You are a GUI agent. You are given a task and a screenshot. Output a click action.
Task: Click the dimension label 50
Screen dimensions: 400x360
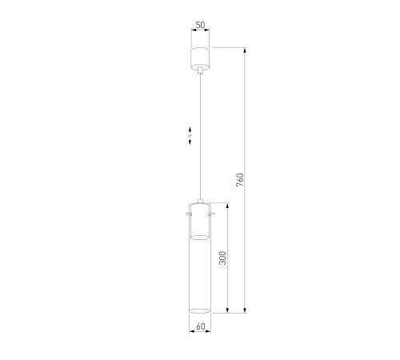201,25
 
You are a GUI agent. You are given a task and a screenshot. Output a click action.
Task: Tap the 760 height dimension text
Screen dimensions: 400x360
240,180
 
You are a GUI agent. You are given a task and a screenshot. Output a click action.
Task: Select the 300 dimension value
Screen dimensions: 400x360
222,258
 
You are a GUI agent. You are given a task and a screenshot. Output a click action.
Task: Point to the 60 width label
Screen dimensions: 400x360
201,326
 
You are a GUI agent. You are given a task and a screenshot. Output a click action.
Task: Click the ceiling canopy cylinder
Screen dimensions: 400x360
200,58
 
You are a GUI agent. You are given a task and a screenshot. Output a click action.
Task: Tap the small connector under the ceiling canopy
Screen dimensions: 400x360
200,70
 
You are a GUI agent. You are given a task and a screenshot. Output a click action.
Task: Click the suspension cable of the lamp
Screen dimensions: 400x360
200,136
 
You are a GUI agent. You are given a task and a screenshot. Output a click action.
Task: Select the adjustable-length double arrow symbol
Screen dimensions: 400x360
190,136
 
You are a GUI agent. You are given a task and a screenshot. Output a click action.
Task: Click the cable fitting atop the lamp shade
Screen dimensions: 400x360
200,201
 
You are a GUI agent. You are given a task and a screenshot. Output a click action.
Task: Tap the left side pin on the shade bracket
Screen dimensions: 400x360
189,214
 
